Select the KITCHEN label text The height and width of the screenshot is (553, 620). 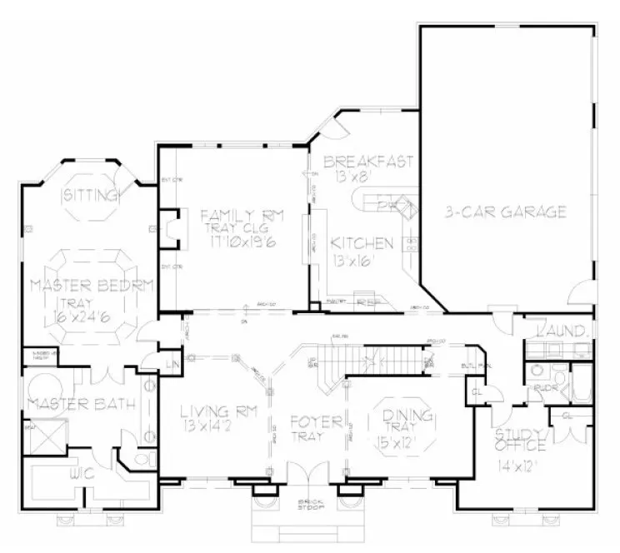coord(361,243)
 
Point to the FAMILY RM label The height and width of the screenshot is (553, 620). coord(242,217)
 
